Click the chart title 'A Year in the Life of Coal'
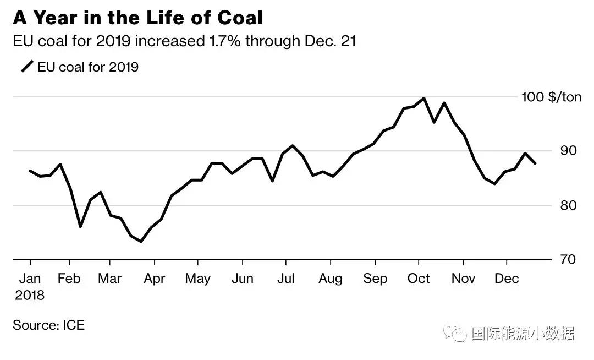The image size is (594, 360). (137, 18)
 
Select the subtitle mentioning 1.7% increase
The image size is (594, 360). (184, 42)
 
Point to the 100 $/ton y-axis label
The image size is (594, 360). (551, 97)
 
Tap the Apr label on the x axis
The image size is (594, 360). (155, 279)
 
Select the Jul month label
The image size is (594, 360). (285, 279)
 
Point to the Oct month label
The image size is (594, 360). (419, 279)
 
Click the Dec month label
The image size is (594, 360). (507, 279)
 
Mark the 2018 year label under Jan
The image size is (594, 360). (30, 296)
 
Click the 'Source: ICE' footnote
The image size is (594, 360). (49, 325)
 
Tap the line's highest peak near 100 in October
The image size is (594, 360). (424, 99)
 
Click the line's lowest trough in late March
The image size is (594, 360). (141, 241)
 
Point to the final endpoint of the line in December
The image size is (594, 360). (535, 163)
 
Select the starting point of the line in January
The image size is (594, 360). (30, 171)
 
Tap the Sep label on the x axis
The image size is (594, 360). (375, 279)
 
